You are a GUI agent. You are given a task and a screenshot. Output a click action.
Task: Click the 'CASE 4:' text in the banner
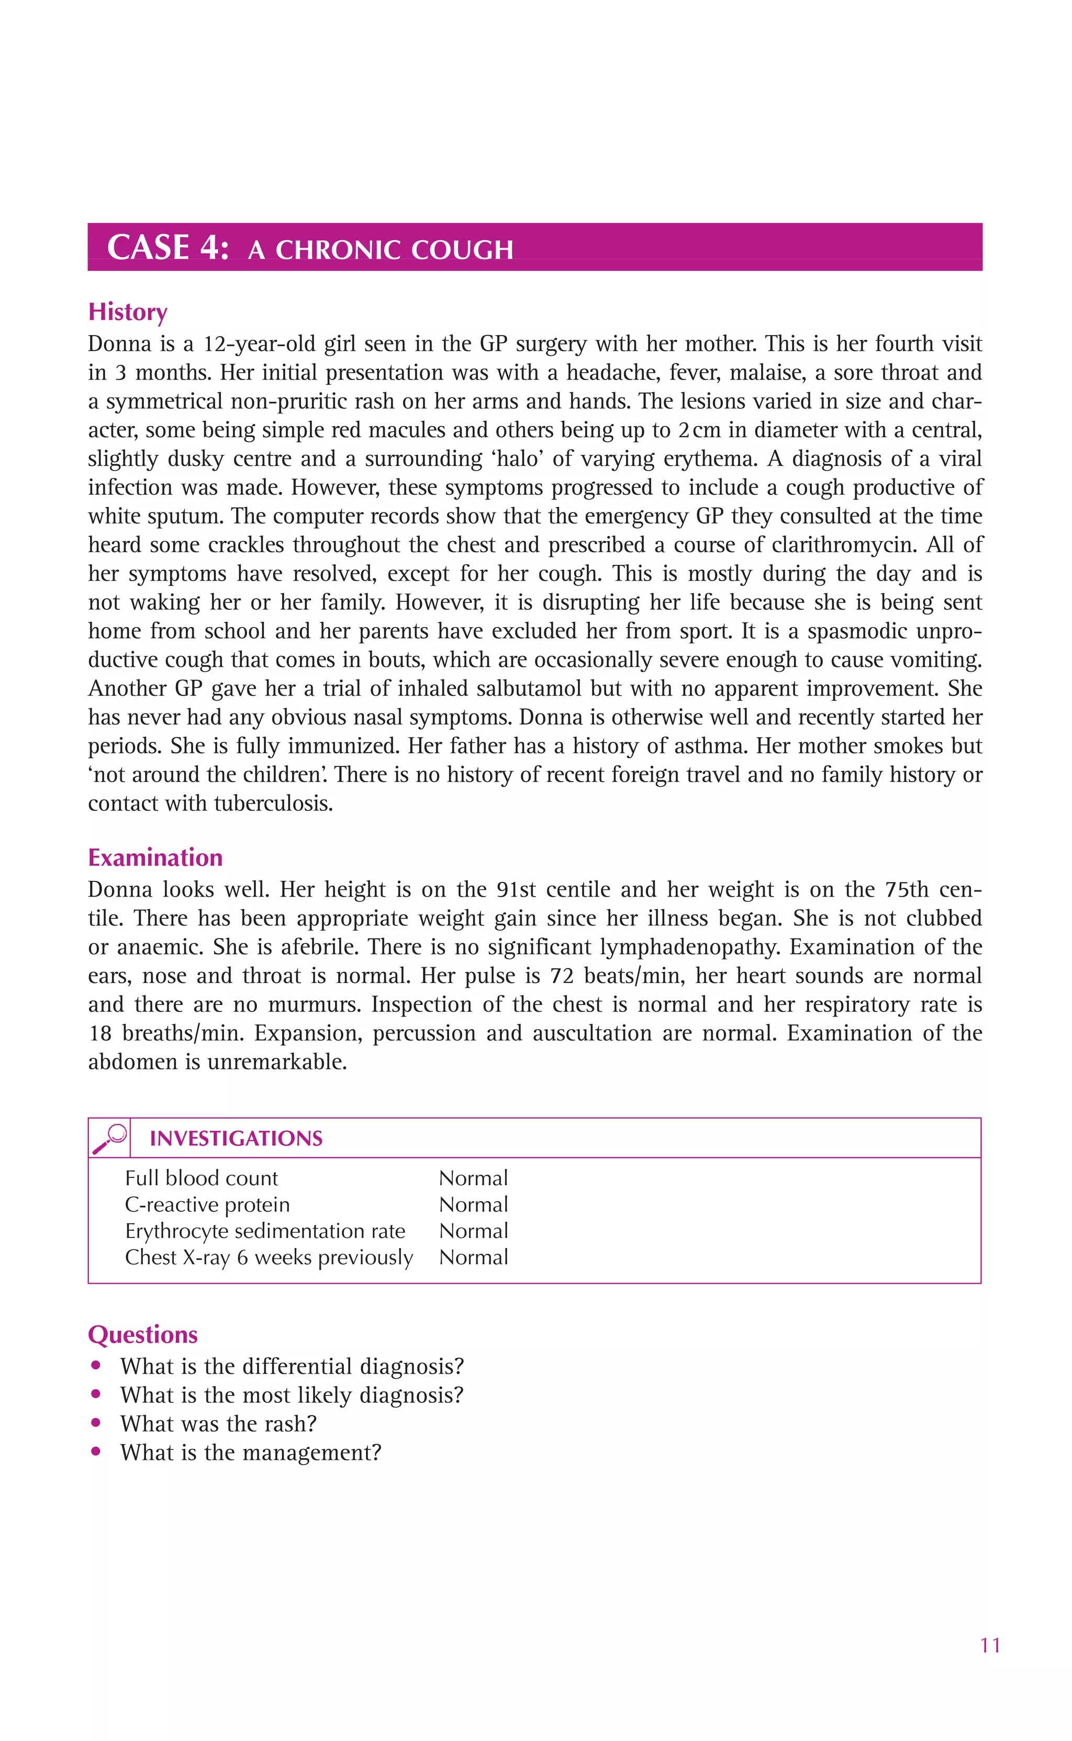coord(168,248)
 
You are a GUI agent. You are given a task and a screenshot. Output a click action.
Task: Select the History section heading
coord(128,312)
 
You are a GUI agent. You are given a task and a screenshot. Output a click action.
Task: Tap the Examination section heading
coord(155,858)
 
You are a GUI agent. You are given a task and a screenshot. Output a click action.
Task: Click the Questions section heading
coord(142,1335)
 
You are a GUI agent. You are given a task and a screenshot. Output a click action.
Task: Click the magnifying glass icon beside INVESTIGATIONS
coord(110,1139)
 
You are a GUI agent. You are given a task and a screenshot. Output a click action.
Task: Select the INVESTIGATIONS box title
coord(236,1139)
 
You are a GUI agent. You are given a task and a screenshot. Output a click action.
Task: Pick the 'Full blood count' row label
coord(202,1178)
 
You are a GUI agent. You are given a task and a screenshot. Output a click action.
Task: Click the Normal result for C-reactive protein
coord(474,1204)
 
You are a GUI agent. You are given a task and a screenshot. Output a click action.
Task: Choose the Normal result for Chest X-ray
coord(474,1257)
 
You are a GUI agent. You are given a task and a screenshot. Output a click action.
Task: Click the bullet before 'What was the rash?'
coord(96,1423)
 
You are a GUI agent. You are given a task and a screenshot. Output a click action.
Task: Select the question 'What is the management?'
coord(251,1453)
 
